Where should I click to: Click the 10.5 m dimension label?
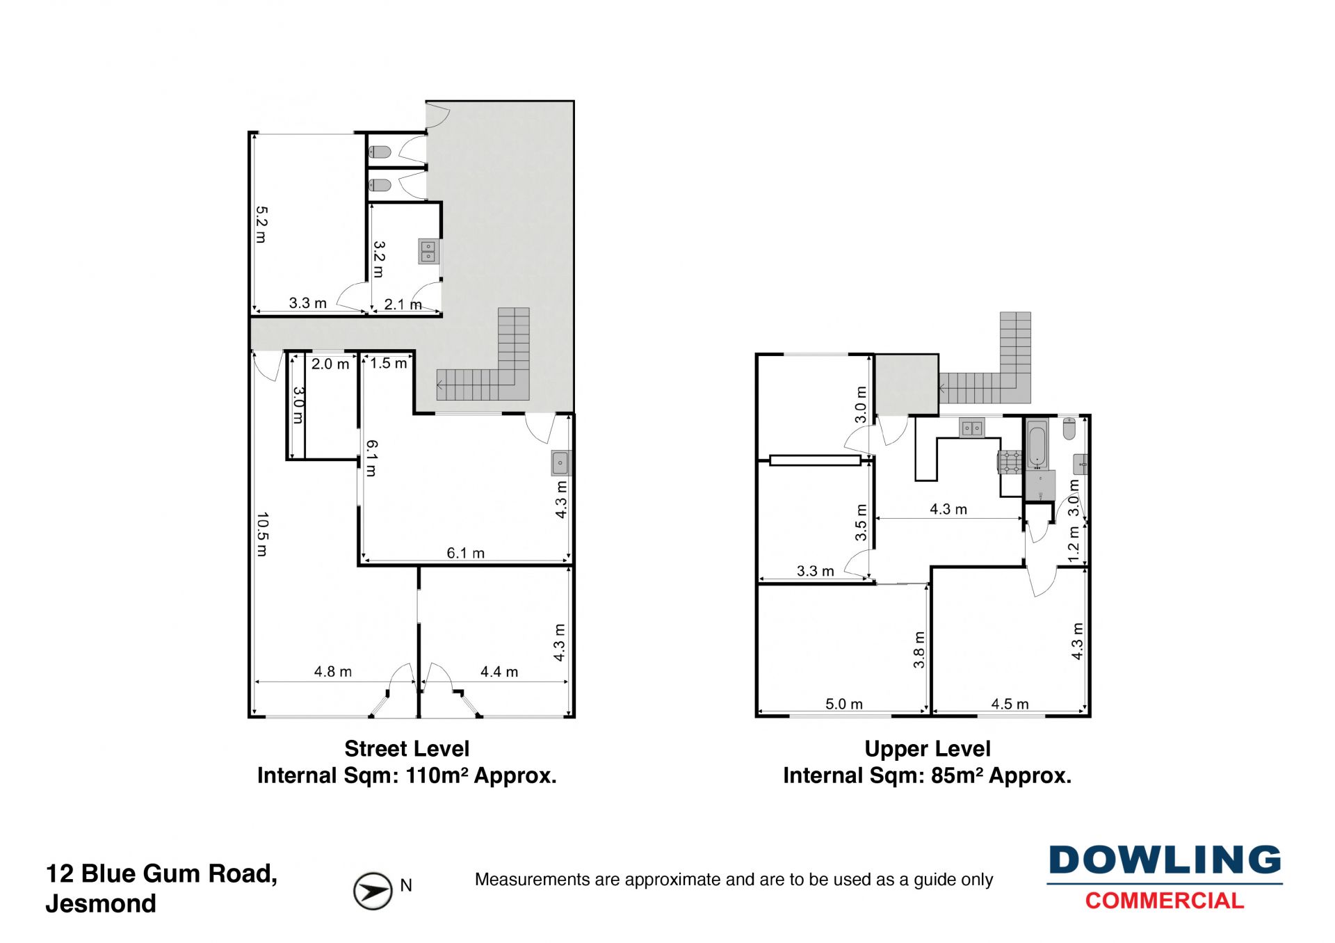(262, 535)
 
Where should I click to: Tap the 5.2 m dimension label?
(261, 224)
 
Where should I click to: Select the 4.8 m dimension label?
(333, 672)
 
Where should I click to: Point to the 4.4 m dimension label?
(499, 672)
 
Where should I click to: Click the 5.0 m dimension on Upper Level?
(844, 704)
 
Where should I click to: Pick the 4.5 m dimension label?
(1010, 704)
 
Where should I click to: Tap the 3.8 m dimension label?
(919, 650)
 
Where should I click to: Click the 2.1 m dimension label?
(403, 305)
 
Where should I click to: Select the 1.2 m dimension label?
(1074, 544)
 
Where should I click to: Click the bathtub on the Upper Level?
(1037, 444)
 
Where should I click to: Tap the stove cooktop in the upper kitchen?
(1010, 462)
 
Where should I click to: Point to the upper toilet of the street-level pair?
(380, 152)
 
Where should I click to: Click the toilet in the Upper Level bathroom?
(1069, 428)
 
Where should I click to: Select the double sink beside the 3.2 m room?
(428, 251)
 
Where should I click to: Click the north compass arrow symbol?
(373, 891)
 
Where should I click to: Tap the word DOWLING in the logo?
(1165, 860)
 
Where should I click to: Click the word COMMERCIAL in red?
(1165, 901)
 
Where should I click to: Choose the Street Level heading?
(407, 749)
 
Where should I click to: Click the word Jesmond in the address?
(101, 903)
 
